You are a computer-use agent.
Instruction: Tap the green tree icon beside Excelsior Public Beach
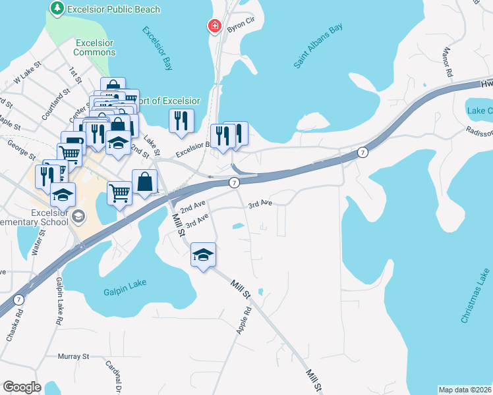point(57,9)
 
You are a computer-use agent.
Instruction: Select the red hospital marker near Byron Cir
point(214,26)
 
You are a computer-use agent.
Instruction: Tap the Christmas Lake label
point(475,296)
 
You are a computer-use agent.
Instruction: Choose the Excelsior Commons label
point(94,47)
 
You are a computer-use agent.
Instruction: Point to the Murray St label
point(73,356)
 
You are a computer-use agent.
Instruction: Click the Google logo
point(22,387)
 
